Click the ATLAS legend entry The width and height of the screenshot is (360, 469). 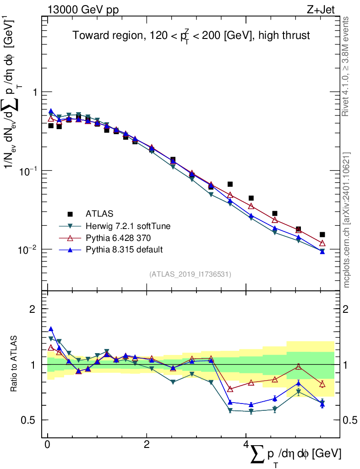click(99, 213)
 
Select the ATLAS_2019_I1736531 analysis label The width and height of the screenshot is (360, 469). click(190, 274)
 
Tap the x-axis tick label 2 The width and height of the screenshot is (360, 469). click(147, 445)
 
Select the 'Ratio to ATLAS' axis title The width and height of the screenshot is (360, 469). click(14, 364)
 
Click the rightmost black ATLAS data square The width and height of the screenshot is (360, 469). click(322, 234)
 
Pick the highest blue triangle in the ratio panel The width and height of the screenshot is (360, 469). click(51, 329)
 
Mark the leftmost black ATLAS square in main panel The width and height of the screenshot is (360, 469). click(51, 125)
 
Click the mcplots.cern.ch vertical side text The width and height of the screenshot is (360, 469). click(347, 220)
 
